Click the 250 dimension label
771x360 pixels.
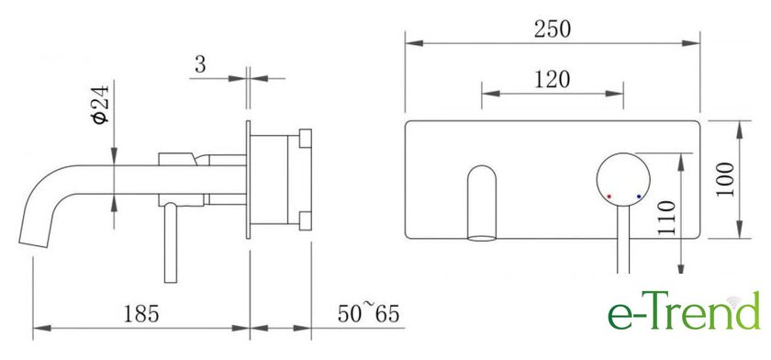click(553, 29)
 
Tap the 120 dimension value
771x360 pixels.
click(553, 80)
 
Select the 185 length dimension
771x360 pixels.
click(141, 314)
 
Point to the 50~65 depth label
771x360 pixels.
click(368, 314)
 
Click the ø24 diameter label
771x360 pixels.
click(100, 105)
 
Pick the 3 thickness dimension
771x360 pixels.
click(200, 64)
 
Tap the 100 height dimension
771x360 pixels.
click(725, 179)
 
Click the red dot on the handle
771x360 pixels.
click(609, 197)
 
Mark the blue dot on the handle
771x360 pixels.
click(639, 197)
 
